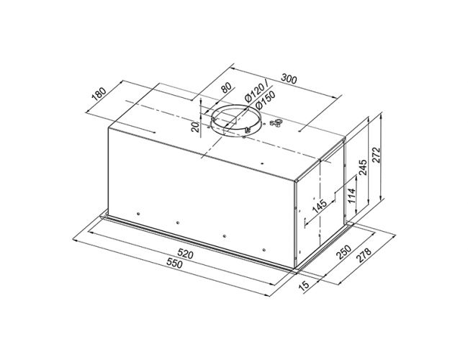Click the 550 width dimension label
coord(174,264)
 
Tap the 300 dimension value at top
coord(289,78)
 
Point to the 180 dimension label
coord(99,94)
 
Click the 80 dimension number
coord(226,88)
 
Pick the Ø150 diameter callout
coord(265,99)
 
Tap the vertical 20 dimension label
coord(195,127)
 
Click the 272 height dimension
coord(376,155)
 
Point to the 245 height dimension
coord(363,168)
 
